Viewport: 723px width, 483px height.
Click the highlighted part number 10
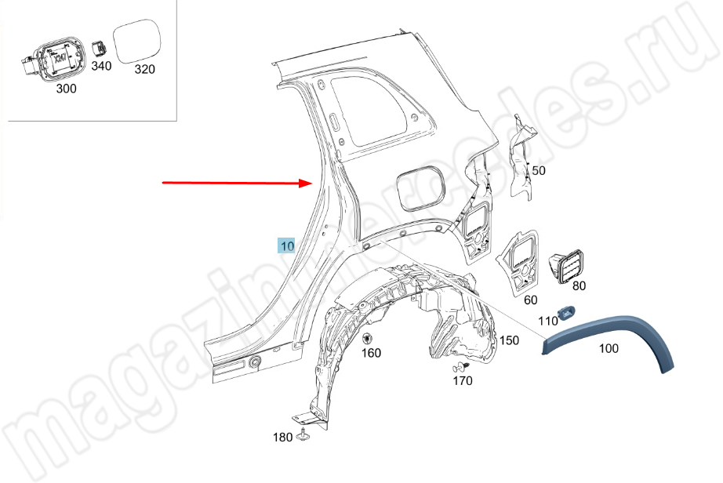[x=287, y=246]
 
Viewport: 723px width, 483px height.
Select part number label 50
[x=539, y=170]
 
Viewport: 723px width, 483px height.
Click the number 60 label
[x=531, y=300]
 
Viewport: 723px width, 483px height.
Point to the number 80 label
[x=579, y=285]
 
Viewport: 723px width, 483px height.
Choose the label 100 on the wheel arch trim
[x=609, y=348]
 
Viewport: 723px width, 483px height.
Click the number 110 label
[x=548, y=321]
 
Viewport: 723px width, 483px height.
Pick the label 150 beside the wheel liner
[x=509, y=340]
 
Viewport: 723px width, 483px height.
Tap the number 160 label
[x=371, y=353]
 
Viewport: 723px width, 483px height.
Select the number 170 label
[x=463, y=381]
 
